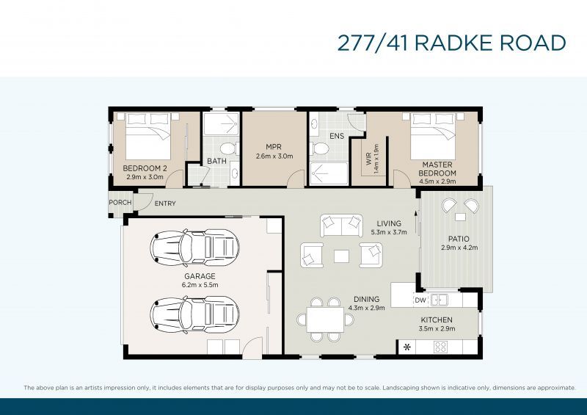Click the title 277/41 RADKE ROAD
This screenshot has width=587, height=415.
point(451,43)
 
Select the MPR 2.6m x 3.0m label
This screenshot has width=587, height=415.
point(274,151)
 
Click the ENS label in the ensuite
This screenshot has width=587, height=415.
point(337,136)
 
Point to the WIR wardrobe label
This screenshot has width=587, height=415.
point(371,158)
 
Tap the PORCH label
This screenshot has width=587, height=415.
point(120,203)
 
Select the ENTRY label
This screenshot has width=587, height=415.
point(165,203)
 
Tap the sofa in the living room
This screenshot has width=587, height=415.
point(341,222)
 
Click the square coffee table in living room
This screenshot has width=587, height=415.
point(341,256)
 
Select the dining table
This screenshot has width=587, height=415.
point(325,320)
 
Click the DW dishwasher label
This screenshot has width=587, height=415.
point(420,300)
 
